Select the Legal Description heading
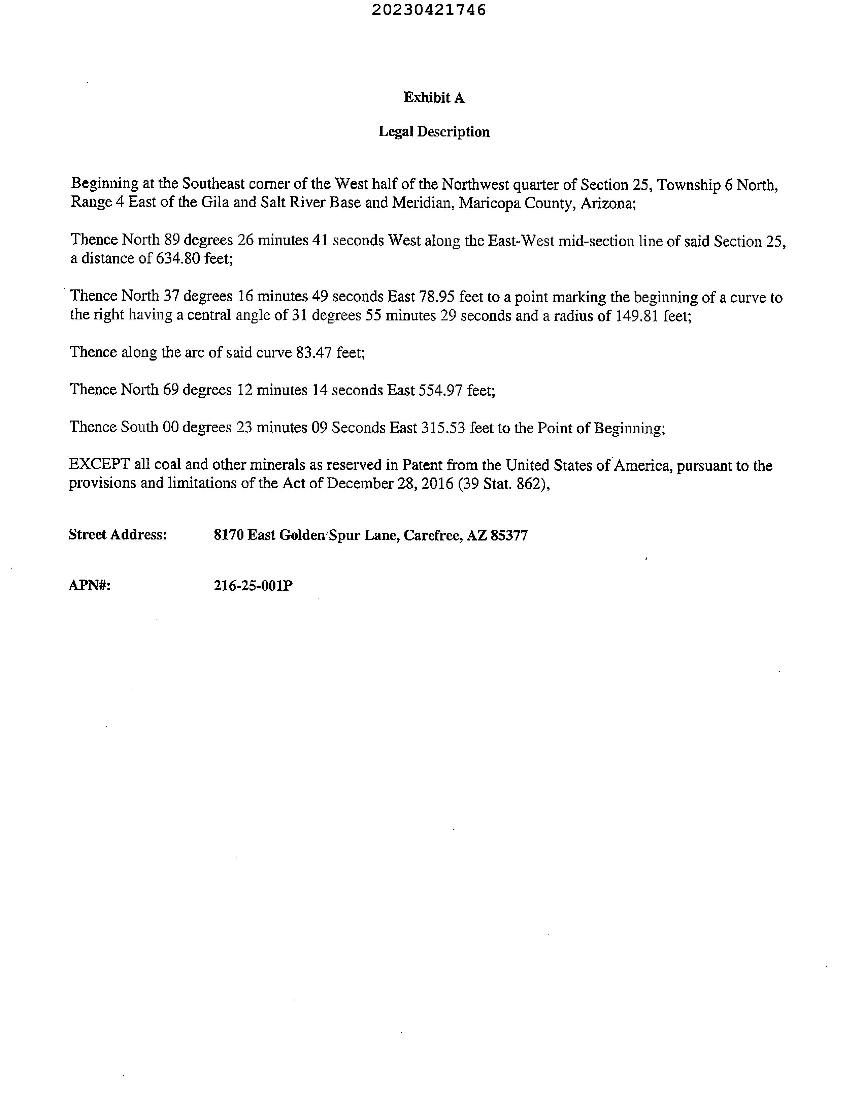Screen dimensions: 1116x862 [x=434, y=132]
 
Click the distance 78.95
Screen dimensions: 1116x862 [x=437, y=297]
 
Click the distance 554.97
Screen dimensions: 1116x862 [x=440, y=391]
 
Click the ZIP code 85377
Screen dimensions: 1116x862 [x=509, y=535]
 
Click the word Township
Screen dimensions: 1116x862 [x=687, y=184]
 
